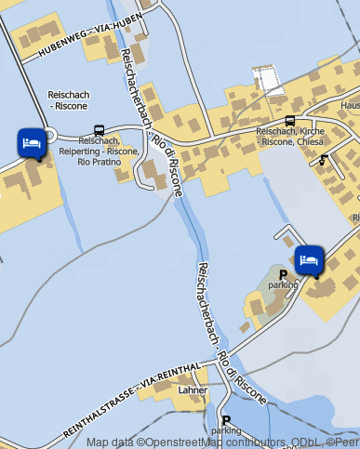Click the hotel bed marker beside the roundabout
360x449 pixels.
coord(31,143)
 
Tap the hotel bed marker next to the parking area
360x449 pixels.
coord(309,259)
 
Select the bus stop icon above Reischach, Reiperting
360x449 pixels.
coord(99,130)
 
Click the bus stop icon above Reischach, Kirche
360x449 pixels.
coord(290,121)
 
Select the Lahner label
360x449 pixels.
coord(193,390)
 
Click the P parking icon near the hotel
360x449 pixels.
coord(283,274)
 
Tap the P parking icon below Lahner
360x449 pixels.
coord(226,419)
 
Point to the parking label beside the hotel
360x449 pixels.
coord(283,285)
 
